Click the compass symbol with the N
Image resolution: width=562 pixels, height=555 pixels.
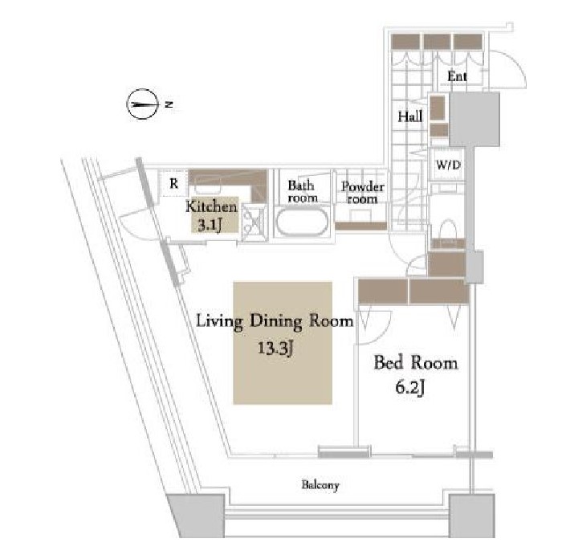143,104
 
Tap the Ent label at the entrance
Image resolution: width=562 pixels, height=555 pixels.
457,76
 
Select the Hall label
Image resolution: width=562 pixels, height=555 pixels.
410,116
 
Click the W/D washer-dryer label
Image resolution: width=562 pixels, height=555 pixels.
448,165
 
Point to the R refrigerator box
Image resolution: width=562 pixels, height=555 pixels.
174,184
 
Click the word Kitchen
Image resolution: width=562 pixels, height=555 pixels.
211,207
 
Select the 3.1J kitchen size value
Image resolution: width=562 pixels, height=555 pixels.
210,226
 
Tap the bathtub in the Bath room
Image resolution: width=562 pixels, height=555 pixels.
302,222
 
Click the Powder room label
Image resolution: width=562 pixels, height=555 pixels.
363,192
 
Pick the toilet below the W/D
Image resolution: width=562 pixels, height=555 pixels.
448,230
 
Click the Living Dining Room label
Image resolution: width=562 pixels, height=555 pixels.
275,321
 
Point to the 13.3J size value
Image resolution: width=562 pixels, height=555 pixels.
275,348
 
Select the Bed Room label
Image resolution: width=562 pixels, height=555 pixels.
416,362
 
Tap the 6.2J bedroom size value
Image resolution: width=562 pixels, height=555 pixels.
410,387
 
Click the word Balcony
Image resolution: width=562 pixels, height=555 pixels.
320,485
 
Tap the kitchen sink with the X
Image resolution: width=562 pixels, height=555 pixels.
254,222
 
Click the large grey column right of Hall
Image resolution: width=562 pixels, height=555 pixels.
474,119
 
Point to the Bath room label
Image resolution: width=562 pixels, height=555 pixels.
303,191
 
